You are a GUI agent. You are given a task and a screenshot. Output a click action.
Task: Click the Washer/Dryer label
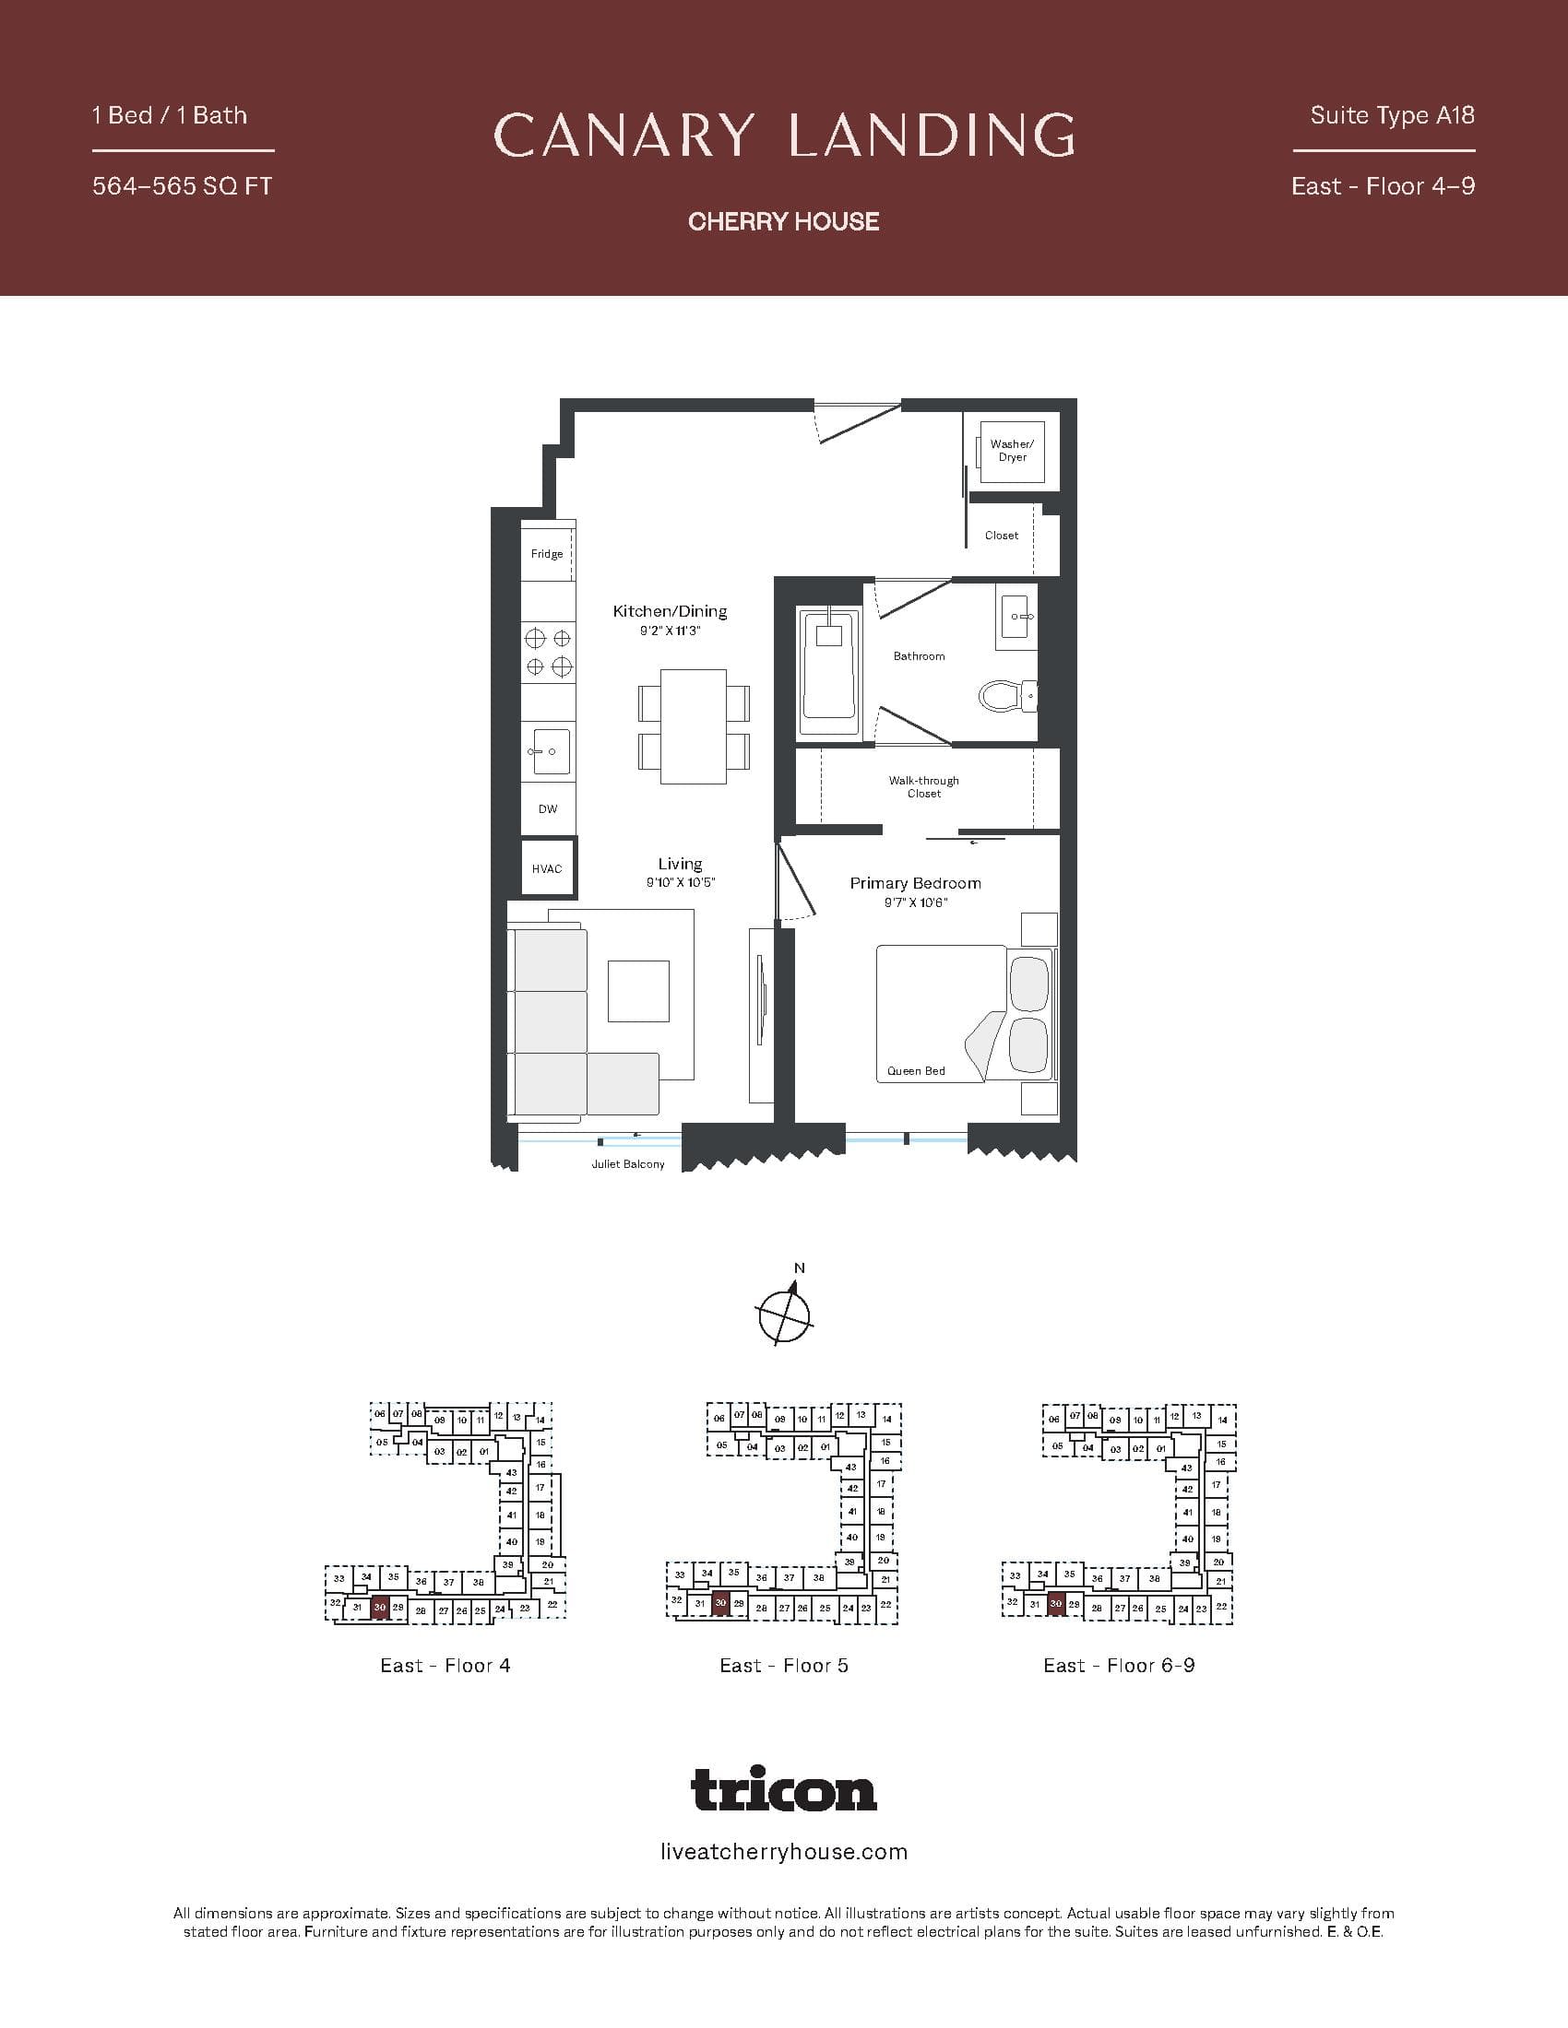1011,451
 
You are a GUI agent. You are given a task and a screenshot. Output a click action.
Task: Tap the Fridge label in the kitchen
546,554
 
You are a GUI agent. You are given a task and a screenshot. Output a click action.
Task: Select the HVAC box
547,868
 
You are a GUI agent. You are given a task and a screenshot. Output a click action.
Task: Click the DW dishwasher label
548,808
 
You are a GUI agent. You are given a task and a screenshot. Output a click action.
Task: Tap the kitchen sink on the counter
549,750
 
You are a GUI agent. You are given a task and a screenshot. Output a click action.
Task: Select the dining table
694,726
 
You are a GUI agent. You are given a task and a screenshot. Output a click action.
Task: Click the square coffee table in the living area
638,991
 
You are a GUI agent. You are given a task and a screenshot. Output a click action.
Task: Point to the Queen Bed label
916,1070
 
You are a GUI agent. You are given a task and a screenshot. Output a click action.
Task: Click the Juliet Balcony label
628,1164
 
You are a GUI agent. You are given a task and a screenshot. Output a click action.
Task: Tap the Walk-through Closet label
923,786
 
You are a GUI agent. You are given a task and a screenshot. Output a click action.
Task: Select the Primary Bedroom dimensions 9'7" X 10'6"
916,902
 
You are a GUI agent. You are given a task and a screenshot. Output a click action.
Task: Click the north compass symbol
785,1313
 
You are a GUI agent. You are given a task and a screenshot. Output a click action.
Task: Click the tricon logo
784,1789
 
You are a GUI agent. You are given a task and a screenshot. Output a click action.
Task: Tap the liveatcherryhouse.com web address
784,1853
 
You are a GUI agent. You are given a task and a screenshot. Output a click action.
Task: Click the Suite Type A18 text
1392,115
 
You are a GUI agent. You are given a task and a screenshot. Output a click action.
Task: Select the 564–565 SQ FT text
182,186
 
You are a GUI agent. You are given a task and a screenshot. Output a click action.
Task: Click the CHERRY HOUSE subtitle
784,221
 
